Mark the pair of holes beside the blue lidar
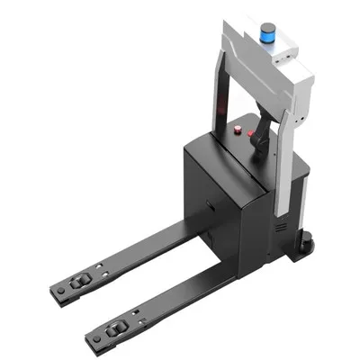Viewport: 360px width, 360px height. [289, 54]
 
